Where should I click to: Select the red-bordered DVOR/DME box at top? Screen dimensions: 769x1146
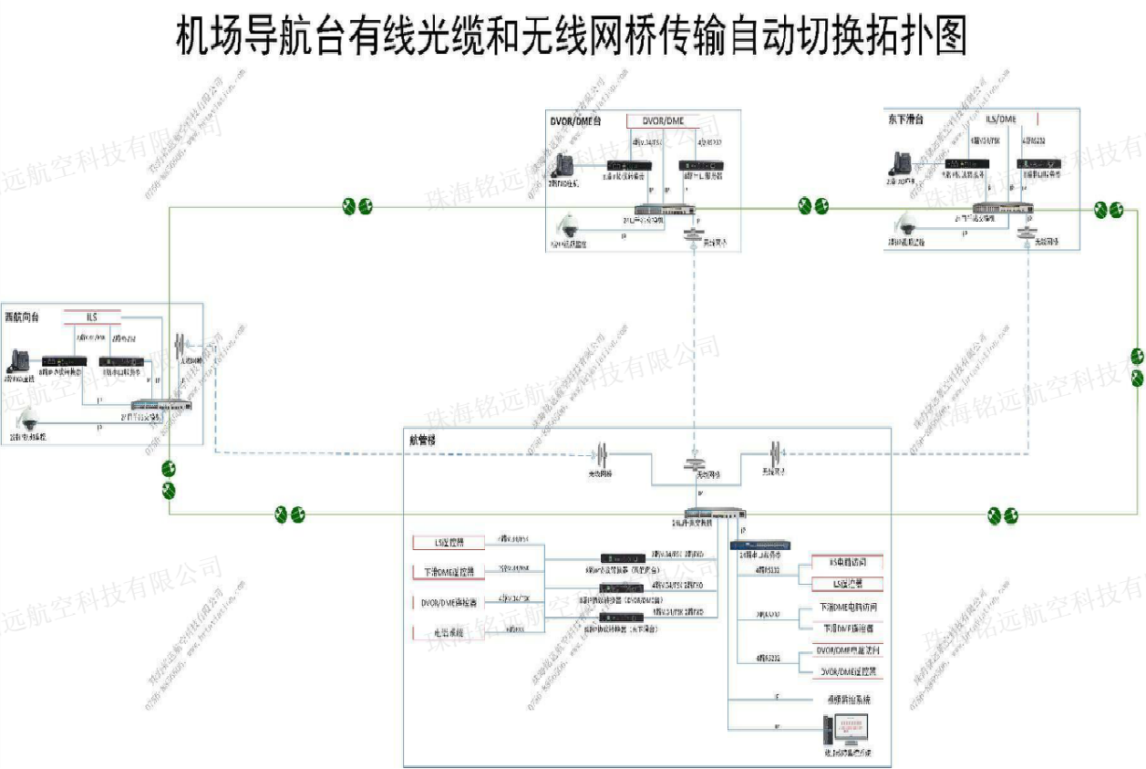(x=663, y=121)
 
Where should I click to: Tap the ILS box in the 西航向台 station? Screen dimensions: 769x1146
(x=92, y=317)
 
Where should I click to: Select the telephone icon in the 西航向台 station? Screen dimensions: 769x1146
(x=19, y=360)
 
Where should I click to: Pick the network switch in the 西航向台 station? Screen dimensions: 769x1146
(x=162, y=404)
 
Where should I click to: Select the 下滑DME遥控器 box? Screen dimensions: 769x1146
(x=448, y=572)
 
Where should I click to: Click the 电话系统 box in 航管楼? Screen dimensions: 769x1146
(x=448, y=632)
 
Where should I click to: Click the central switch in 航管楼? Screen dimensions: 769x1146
(x=716, y=514)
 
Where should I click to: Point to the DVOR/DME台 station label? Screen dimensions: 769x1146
(x=576, y=120)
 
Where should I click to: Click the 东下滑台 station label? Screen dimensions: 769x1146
(x=905, y=119)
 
